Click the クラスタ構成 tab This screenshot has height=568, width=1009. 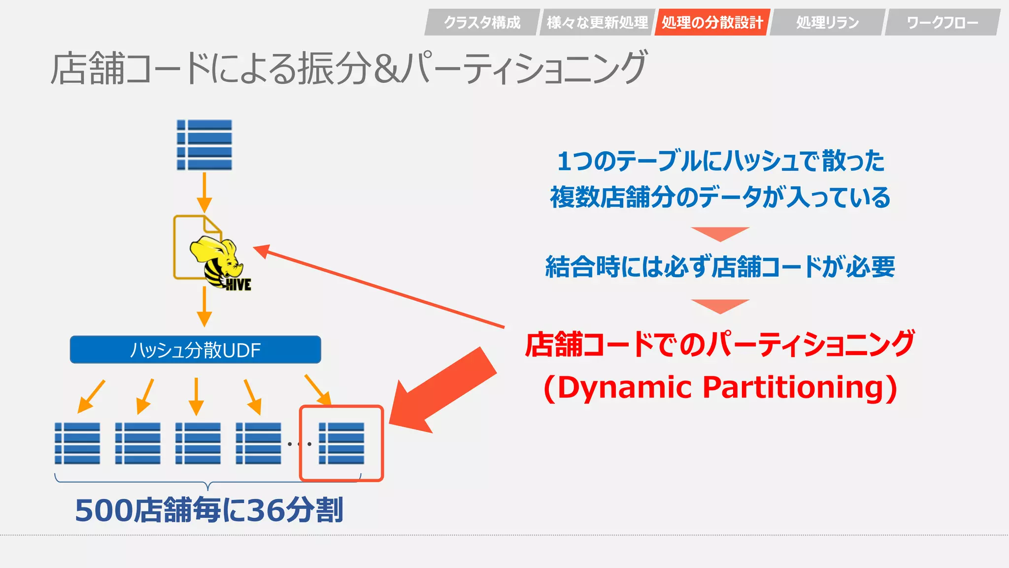tap(482, 22)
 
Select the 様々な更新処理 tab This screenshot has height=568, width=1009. tap(597, 22)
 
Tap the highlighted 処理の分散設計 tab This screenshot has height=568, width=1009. tap(712, 22)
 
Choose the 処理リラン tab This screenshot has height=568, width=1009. tap(828, 22)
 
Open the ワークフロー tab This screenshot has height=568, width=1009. tap(942, 22)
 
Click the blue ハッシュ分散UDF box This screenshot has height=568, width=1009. tap(196, 350)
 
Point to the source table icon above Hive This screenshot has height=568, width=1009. tap(204, 145)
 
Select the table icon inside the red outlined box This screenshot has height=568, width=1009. tap(341, 443)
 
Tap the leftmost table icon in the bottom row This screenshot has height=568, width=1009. tap(77, 443)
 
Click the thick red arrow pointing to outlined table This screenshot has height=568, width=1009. tap(441, 390)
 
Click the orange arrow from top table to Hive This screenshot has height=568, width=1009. tap(204, 192)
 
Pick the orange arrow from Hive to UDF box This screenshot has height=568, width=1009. tap(204, 307)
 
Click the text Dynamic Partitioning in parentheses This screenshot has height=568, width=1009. tap(720, 388)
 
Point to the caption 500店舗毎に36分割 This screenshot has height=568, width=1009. tap(209, 510)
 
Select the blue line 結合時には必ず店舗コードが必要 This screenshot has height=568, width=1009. tap(720, 267)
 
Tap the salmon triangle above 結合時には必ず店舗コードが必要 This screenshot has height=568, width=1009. tap(720, 234)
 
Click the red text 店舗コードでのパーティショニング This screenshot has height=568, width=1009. tap(720, 344)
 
